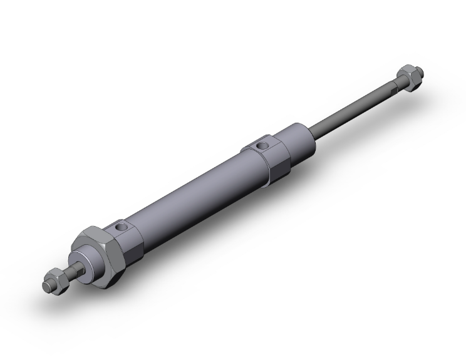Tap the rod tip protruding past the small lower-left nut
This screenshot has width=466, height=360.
[46, 285]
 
